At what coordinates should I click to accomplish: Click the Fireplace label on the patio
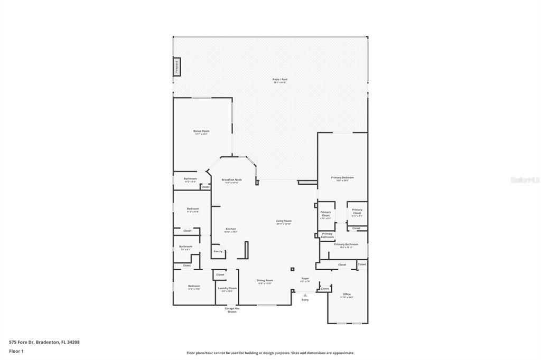(x=177, y=67)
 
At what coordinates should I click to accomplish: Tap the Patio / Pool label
(x=280, y=80)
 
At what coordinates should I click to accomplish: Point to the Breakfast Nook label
(x=231, y=180)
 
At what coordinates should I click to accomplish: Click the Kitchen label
(x=231, y=229)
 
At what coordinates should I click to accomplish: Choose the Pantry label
(x=218, y=251)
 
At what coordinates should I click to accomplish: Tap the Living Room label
(x=284, y=221)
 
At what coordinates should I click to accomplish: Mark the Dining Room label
(x=265, y=280)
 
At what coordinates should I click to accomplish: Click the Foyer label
(x=305, y=278)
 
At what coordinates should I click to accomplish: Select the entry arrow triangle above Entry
(x=305, y=295)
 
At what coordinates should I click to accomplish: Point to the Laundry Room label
(x=227, y=288)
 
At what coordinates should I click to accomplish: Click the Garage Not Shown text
(x=232, y=310)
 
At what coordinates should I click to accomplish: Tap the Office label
(x=347, y=294)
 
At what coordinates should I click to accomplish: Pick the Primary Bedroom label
(x=342, y=177)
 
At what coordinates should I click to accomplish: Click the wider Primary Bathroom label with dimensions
(x=346, y=244)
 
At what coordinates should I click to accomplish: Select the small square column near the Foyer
(x=292, y=269)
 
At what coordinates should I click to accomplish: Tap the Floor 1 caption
(x=16, y=351)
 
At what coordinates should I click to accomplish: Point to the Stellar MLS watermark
(x=524, y=180)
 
